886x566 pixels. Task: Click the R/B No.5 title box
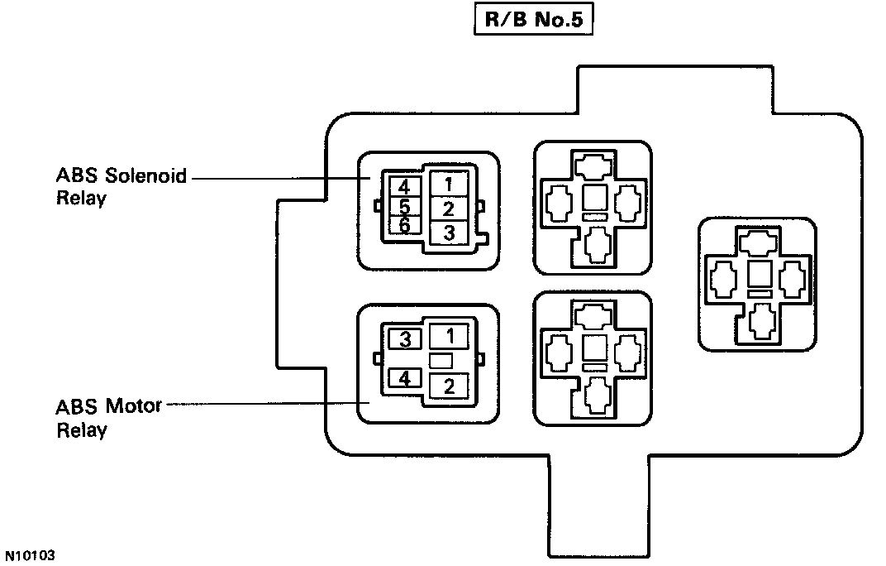[x=533, y=21]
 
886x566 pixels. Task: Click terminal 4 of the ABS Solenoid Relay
[x=403, y=186]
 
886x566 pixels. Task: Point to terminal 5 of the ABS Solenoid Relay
[x=403, y=206]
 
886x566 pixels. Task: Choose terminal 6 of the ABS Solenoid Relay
[x=403, y=225]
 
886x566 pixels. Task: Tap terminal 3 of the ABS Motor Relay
[x=405, y=339]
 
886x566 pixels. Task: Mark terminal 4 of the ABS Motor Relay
[x=405, y=379]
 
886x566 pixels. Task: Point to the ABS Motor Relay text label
[x=108, y=418]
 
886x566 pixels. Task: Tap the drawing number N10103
[x=29, y=555]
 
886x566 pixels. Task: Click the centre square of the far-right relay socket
[x=759, y=275]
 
